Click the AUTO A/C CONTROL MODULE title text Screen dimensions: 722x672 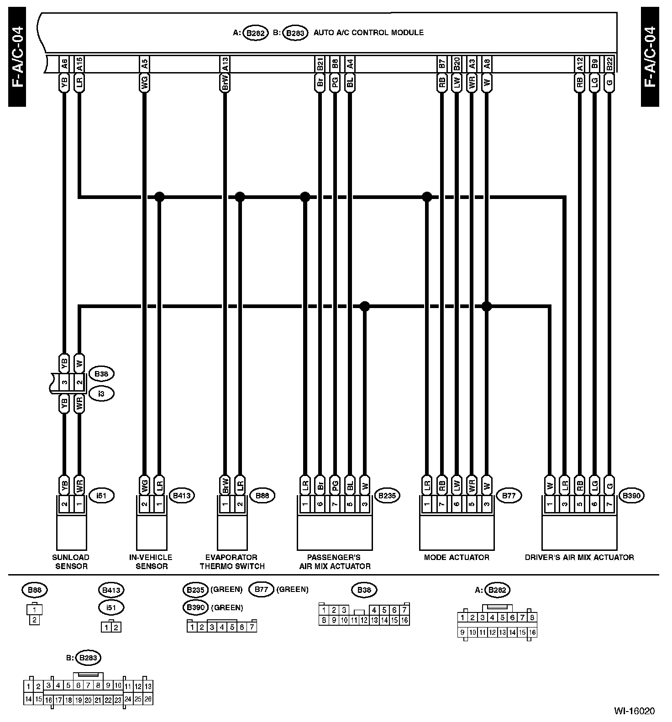point(368,33)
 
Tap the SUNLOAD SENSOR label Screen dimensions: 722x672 point(71,562)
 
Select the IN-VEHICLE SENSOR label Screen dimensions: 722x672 point(151,562)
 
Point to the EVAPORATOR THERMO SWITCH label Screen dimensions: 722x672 point(235,562)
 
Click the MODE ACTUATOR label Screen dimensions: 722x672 point(457,557)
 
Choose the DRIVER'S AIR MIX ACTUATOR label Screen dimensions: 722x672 point(579,557)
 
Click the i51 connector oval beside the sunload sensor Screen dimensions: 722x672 point(101,495)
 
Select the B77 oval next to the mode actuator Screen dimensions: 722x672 point(509,495)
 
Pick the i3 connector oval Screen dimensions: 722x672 point(101,393)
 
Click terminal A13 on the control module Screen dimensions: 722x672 point(225,64)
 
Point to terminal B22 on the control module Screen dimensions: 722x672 point(609,64)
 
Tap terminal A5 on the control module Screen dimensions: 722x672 point(144,64)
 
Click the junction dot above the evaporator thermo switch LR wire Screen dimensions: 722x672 point(240,197)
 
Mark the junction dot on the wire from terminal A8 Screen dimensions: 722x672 point(487,306)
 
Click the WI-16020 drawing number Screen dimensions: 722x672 point(634,711)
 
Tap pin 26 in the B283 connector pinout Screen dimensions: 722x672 point(148,699)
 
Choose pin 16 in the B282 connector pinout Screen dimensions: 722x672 point(532,633)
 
